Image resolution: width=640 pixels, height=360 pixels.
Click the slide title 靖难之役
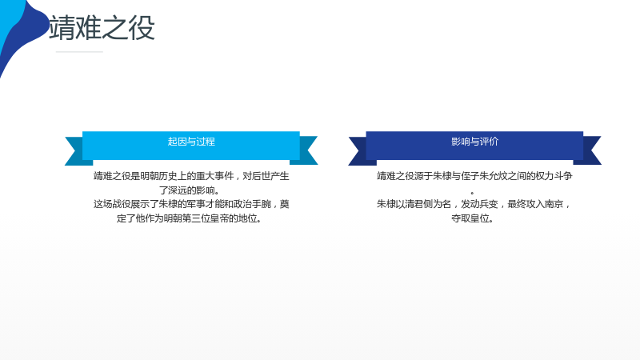pyautogui.click(x=102, y=28)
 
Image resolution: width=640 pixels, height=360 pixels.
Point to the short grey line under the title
pyautogui.click(x=79, y=52)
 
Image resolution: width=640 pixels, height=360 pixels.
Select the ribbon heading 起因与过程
pyautogui.click(x=191, y=142)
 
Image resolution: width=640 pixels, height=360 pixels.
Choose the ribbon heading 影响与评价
pyautogui.click(x=474, y=142)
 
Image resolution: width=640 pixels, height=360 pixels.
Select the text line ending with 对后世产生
pyautogui.click(x=191, y=176)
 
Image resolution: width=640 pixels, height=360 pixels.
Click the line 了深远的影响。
pyautogui.click(x=190, y=190)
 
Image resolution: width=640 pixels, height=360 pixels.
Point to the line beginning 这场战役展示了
pyautogui.click(x=191, y=204)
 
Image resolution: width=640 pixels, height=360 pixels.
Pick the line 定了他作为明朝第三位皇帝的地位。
pyautogui.click(x=190, y=218)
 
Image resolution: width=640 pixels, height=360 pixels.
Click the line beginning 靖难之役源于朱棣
pyautogui.click(x=474, y=176)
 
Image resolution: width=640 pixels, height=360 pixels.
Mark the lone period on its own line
pyautogui.click(x=472, y=193)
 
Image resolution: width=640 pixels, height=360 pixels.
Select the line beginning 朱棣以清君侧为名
pyautogui.click(x=474, y=204)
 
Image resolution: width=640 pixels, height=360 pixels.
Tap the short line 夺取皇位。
pyautogui.click(x=473, y=218)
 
